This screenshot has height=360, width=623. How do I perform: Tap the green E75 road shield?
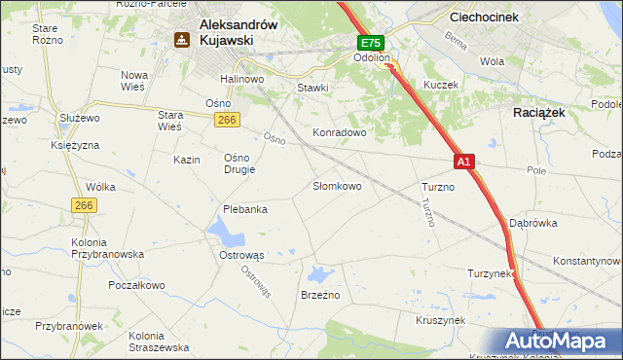click(x=371, y=44)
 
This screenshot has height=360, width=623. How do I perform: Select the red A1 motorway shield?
click(x=463, y=162)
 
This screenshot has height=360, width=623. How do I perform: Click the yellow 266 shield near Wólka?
click(x=83, y=205)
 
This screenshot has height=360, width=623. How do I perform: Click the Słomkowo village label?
click(x=337, y=185)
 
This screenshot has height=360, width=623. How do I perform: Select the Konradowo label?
click(x=338, y=131)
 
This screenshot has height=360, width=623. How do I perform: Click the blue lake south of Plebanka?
click(x=225, y=232)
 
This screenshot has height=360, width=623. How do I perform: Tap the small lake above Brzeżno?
click(x=321, y=273)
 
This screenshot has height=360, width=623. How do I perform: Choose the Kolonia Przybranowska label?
click(x=107, y=248)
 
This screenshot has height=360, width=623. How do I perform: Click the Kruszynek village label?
click(x=440, y=319)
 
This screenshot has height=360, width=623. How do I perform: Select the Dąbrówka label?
click(x=532, y=223)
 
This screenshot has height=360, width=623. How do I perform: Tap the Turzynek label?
click(x=490, y=273)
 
